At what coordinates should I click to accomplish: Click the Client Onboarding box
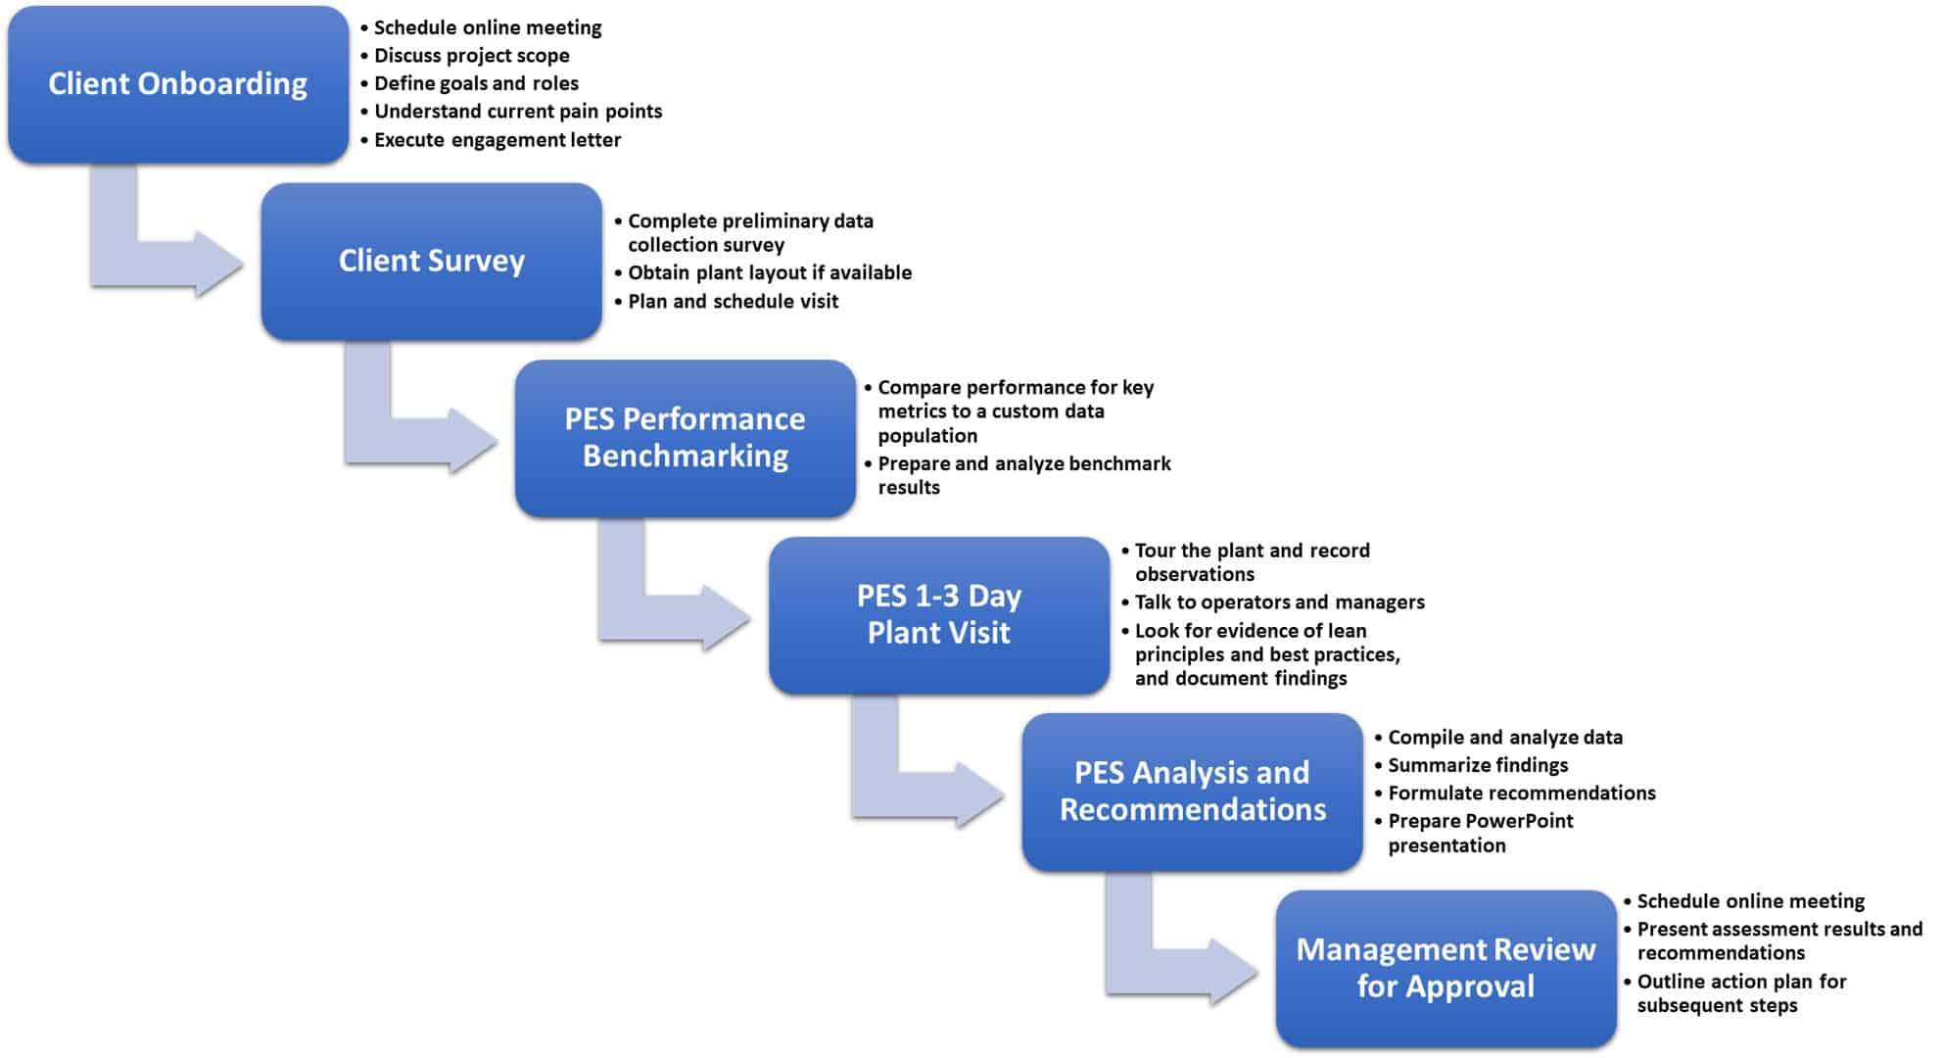(177, 84)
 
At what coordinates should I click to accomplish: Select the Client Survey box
(431, 262)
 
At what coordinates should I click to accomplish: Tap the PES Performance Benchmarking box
(685, 438)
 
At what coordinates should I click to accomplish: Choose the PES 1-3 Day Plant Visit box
(938, 615)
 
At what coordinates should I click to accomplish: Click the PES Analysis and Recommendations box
(1192, 792)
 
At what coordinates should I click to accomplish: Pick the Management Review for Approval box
(1445, 968)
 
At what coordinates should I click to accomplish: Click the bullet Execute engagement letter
(497, 140)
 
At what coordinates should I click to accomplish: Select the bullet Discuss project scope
(471, 56)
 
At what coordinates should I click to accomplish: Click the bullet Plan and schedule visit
(733, 302)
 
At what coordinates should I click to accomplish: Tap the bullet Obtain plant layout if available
(769, 273)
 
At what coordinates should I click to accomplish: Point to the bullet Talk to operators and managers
(1279, 602)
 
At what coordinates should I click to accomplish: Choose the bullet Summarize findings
(1477, 765)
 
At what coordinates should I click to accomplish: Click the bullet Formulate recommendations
(1521, 793)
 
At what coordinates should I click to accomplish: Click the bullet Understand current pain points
(517, 112)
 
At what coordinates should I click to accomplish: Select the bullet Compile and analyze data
(1504, 738)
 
